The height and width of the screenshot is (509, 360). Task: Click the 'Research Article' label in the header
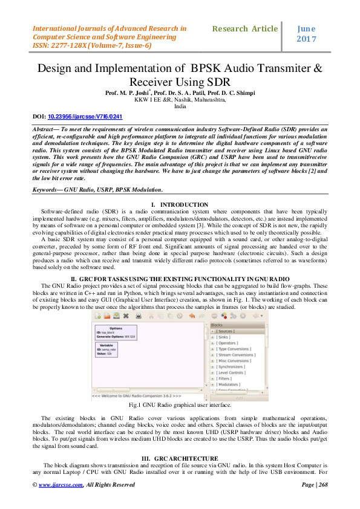coord(246,28)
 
